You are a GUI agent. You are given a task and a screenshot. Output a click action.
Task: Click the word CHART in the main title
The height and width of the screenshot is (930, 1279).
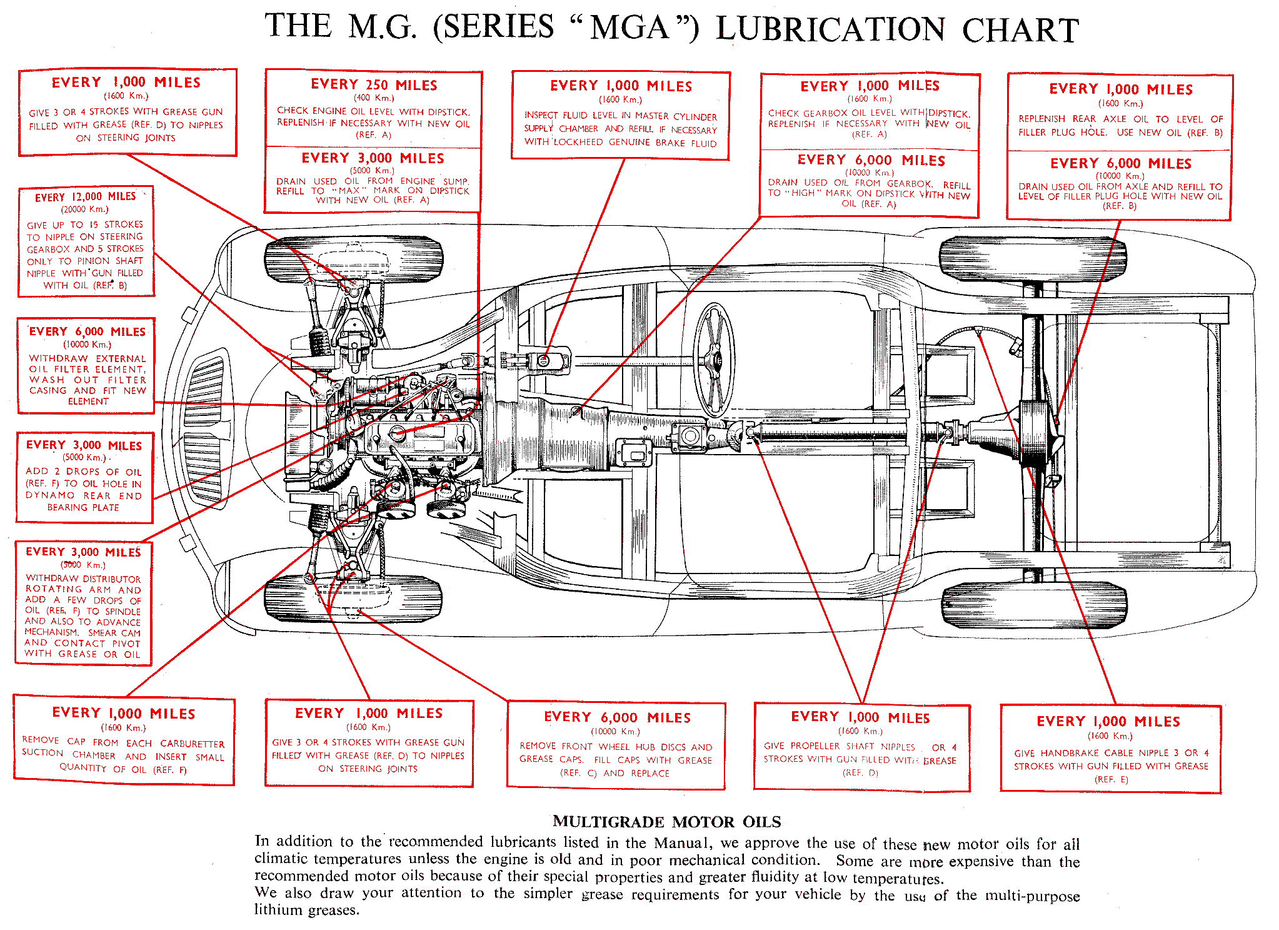coord(1020,30)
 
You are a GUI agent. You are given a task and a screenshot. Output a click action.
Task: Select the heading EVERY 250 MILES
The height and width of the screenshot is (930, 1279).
coord(374,85)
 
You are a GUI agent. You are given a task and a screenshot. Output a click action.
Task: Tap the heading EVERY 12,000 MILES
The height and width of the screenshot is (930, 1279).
coord(85,197)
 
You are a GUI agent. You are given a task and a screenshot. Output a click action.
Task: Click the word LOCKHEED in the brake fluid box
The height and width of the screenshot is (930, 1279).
coord(578,143)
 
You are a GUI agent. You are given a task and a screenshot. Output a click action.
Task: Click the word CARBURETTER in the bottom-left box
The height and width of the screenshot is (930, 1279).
coord(192,744)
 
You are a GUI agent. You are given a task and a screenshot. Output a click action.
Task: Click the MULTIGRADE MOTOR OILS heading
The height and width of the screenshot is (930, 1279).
coord(666,822)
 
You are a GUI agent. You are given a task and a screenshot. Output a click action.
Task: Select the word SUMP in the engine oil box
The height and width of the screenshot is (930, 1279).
coord(456,181)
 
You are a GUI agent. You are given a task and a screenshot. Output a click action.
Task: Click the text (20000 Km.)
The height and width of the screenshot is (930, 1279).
coord(84,210)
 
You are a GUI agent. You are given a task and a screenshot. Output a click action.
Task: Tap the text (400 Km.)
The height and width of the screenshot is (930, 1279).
coord(374,98)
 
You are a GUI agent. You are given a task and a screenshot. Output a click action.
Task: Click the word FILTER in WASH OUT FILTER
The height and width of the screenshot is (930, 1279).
coord(127,380)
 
